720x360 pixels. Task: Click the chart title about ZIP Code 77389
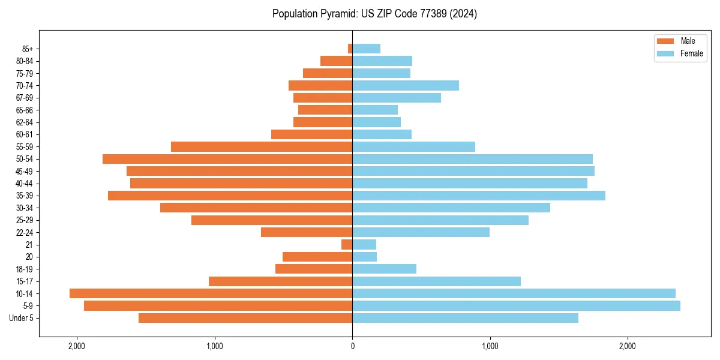pos(374,14)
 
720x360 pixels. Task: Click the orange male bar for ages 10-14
pos(211,293)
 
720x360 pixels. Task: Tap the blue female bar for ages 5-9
pos(516,305)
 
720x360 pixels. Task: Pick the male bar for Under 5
pos(245,318)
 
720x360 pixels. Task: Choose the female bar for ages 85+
pos(366,49)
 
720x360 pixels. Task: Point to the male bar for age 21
pos(347,245)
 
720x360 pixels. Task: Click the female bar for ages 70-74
pos(406,86)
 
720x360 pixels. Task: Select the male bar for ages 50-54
pos(227,159)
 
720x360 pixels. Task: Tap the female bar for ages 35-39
pos(479,196)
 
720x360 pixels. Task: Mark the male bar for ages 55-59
pos(262,147)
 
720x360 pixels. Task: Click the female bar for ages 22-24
pos(421,232)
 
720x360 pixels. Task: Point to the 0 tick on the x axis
pos(352,346)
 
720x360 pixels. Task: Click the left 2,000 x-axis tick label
pos(77,346)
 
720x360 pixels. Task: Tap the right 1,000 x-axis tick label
pos(490,346)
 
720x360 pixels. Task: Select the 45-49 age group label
pos(25,172)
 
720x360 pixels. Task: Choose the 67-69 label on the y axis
pos(25,98)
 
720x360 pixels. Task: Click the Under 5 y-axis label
pos(22,318)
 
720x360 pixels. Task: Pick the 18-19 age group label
pos(25,269)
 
